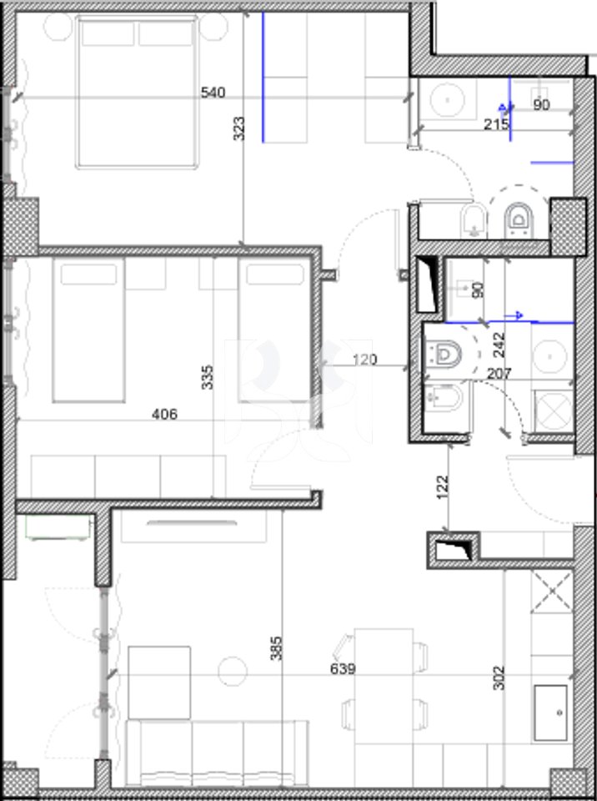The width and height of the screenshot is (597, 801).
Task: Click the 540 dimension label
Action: point(214,93)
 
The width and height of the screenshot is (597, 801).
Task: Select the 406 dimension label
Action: point(166,414)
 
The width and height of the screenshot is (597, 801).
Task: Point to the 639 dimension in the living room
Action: point(344,668)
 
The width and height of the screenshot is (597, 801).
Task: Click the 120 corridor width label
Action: point(364,360)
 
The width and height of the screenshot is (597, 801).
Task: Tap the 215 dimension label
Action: point(497,123)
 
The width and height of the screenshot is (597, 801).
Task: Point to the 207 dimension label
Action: point(499,375)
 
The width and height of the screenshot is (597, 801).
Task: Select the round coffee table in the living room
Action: point(230,670)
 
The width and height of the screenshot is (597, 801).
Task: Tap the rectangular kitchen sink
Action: point(550,713)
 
